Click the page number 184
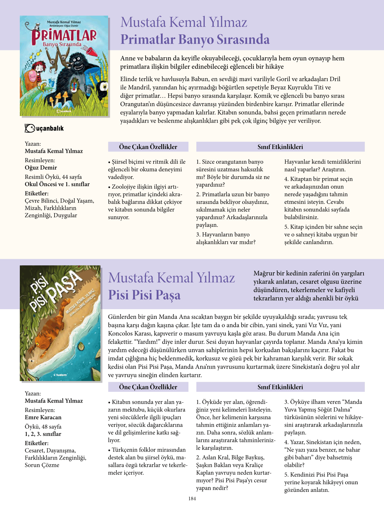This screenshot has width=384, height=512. point(192,498)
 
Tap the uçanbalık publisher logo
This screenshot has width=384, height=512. point(44,128)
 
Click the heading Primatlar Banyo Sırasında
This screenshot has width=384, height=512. point(195,39)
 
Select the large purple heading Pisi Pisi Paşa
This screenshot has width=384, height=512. point(144,295)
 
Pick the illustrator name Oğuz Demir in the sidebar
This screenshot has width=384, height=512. point(41,167)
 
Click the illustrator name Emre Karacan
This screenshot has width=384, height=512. point(43,417)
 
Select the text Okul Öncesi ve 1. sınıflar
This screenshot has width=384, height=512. point(57,184)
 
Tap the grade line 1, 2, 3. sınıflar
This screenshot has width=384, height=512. point(43,434)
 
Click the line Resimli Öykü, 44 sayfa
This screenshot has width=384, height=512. point(53,177)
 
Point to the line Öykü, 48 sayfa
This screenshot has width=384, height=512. point(43,427)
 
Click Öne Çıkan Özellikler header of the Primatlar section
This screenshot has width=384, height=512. point(148,147)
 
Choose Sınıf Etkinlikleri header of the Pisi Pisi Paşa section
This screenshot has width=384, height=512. point(280,387)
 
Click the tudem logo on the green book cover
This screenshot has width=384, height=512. point(60,375)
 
